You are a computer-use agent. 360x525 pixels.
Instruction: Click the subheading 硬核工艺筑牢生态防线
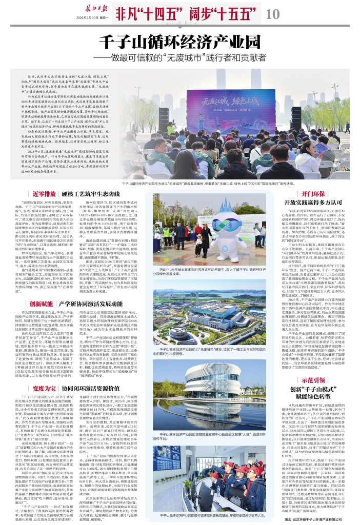pyautogui.click(x=91, y=194)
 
